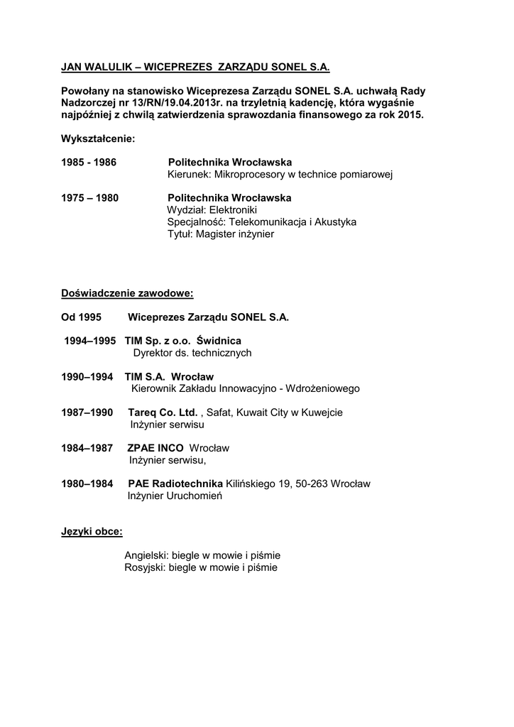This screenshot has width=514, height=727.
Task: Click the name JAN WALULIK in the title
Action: pyautogui.click(x=96, y=67)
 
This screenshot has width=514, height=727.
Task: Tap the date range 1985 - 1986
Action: pyautogui.click(x=89, y=163)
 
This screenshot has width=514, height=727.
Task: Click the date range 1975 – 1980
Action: pyautogui.click(x=89, y=197)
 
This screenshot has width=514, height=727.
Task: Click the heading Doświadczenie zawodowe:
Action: pyautogui.click(x=127, y=293)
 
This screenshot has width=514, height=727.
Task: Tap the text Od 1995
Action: pyautogui.click(x=81, y=317)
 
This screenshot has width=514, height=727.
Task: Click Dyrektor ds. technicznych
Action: pyautogui.click(x=192, y=353)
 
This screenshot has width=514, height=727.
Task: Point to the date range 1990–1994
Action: pyautogui.click(x=87, y=376)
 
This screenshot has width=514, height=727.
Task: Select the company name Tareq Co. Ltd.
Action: pyautogui.click(x=163, y=412)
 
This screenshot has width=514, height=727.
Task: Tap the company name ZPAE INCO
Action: pyautogui.click(x=155, y=448)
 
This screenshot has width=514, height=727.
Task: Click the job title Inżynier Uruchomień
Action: pyautogui.click(x=175, y=496)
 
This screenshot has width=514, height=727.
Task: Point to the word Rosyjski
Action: pyautogui.click(x=144, y=567)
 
